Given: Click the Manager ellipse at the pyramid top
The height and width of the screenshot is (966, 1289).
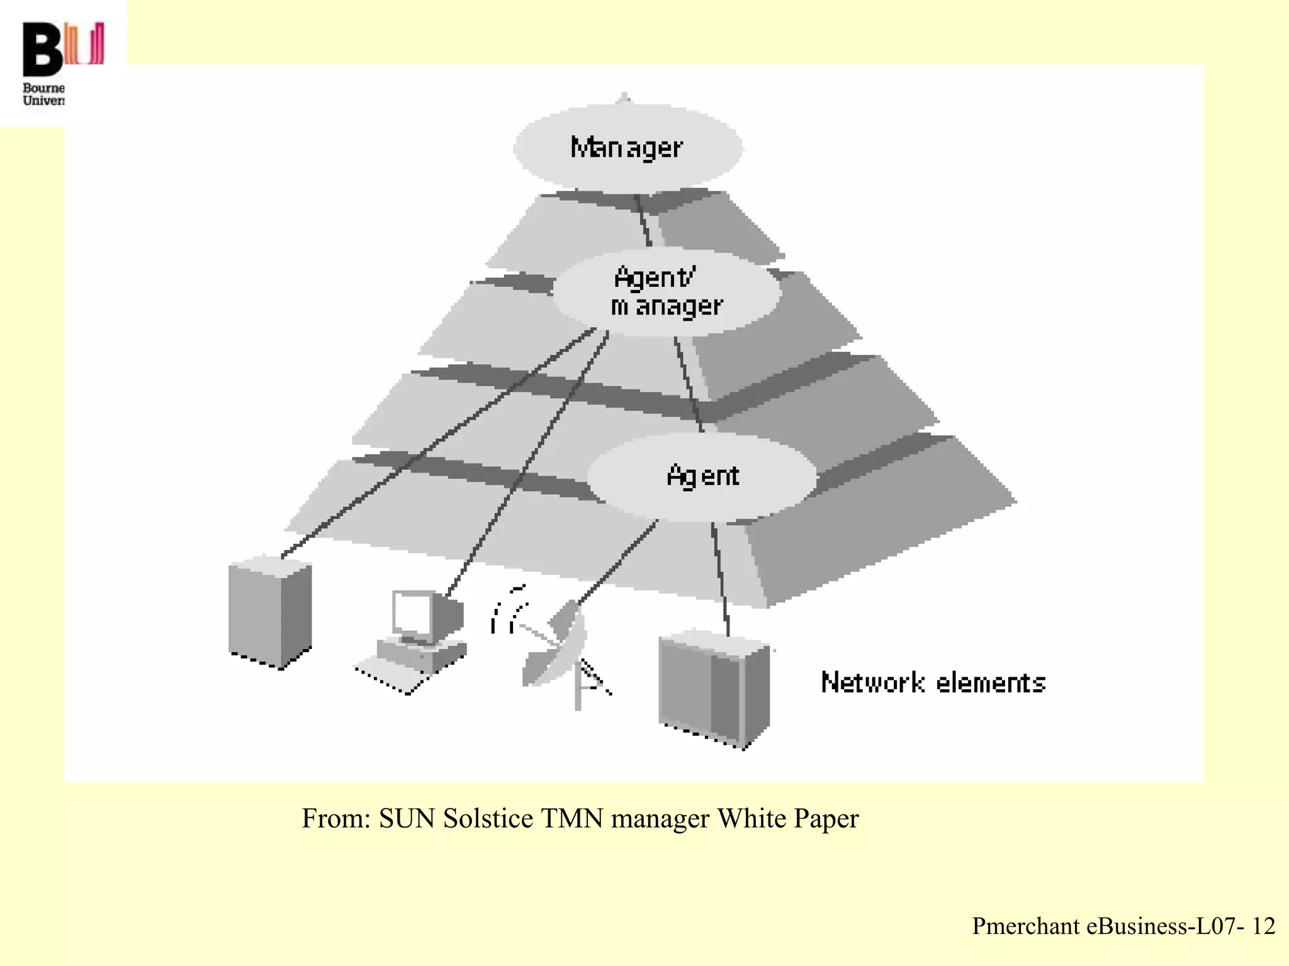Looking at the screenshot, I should click(x=627, y=147).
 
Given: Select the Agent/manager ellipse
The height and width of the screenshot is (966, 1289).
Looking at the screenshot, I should click(x=666, y=292).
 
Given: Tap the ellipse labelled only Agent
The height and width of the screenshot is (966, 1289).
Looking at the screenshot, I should click(x=702, y=476).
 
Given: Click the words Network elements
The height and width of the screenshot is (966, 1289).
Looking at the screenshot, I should click(x=933, y=683).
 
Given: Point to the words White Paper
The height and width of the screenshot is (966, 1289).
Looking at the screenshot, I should click(x=787, y=819).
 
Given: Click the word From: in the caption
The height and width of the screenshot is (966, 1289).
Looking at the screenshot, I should click(x=336, y=819).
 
